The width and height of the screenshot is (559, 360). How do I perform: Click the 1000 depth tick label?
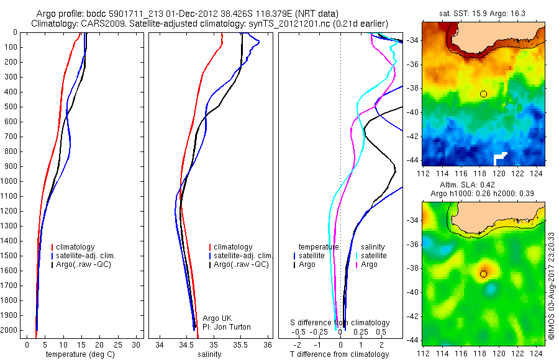coord(11,181)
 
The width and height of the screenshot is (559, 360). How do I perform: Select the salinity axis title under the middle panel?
coord(209,354)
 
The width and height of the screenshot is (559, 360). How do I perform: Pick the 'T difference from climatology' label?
coord(340,354)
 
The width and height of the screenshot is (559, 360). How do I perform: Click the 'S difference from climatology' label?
coord(340,323)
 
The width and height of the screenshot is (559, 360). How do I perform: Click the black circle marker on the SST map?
coord(483,94)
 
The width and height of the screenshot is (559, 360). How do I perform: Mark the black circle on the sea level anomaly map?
coord(483,274)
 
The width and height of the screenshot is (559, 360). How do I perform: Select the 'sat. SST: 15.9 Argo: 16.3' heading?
coord(483,12)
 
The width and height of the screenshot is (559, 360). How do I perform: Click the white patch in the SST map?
coord(500,158)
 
